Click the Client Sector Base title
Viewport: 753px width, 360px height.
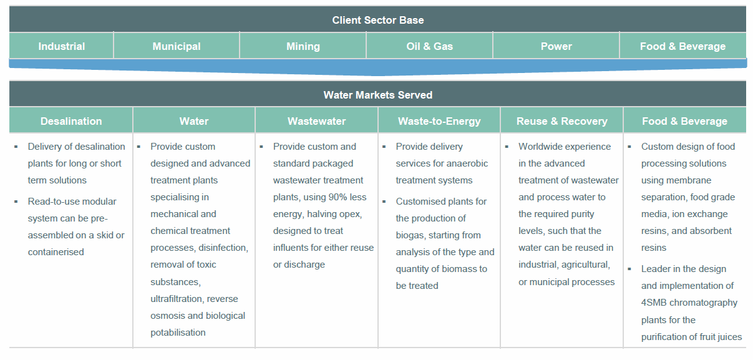pos(377,20)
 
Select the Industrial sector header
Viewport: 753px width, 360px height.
pos(61,46)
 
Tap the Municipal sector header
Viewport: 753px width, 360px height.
pos(177,46)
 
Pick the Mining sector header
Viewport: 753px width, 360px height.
pos(303,46)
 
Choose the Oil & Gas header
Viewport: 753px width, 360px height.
pos(429,46)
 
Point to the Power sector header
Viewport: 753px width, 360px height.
pos(556,46)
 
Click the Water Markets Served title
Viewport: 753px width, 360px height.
pos(377,95)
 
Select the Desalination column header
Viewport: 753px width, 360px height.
pos(71,121)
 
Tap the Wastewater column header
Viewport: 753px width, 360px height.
pos(316,121)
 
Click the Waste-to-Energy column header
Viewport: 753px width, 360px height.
pos(439,121)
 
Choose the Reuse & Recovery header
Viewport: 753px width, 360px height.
pos(561,121)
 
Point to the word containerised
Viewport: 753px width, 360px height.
pos(56,252)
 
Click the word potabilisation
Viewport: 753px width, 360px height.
pos(178,333)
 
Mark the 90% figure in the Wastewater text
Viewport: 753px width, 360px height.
pos(341,197)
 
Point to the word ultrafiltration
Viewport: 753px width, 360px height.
pos(177,299)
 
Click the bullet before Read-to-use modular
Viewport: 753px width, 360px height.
pos(16,202)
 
